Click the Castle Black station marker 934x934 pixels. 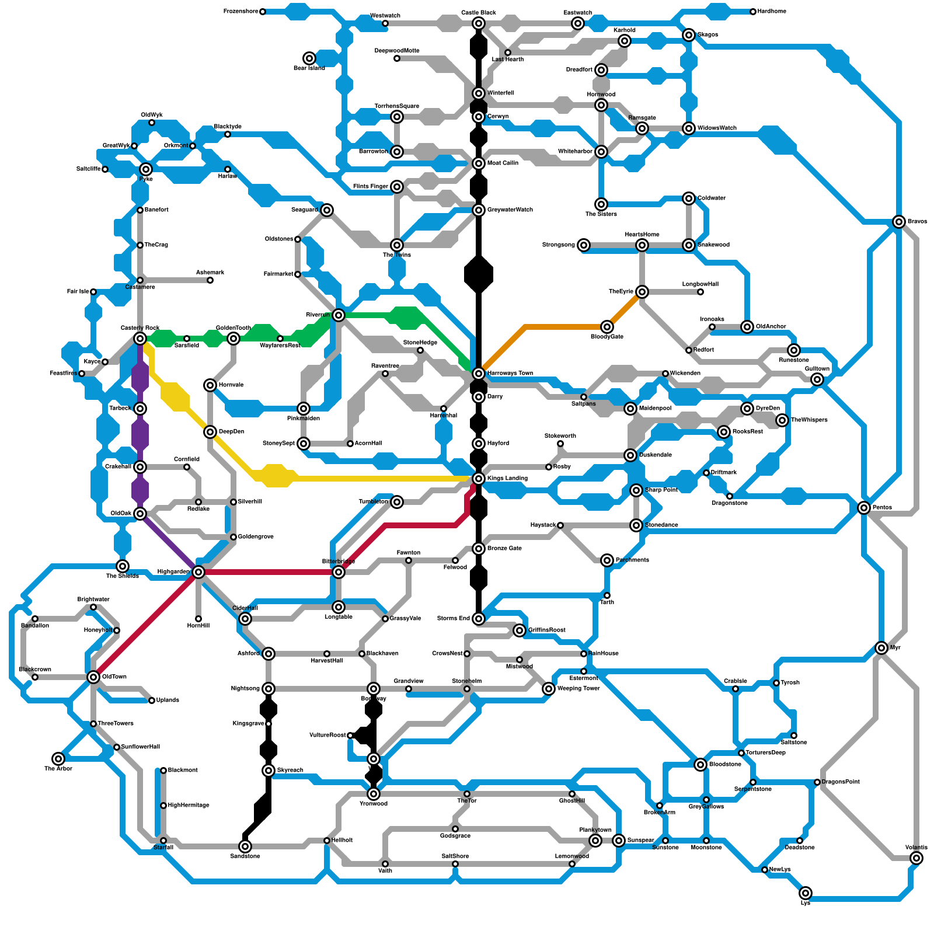479,23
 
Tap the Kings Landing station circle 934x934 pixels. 479,479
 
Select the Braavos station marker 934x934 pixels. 899,222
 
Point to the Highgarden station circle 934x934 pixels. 198,572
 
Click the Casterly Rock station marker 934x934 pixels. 140,339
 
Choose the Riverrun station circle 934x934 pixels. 339,315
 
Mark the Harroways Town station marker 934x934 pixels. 479,374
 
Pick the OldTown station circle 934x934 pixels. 93,677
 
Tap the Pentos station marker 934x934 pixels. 864,508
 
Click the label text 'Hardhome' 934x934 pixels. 772,12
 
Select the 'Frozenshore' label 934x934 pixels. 241,12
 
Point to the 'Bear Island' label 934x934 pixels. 309,68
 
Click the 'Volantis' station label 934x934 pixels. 916,848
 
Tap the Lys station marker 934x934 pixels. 806,893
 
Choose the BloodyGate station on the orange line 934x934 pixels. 607,327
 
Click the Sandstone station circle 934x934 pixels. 245,846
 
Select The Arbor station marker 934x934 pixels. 58,759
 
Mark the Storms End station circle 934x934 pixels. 479,619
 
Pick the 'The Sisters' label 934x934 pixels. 601,214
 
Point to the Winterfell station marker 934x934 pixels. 479,93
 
